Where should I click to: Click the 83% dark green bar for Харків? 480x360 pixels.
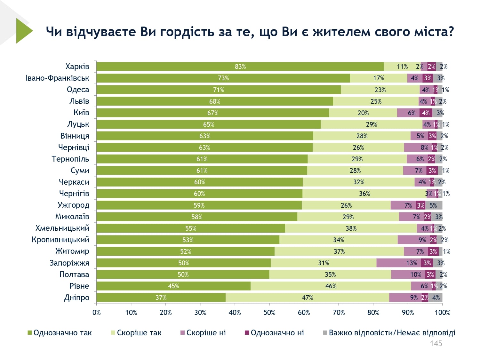click(x=240, y=67)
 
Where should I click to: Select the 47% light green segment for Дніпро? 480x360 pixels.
click(x=307, y=298)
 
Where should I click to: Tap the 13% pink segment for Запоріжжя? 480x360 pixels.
click(x=399, y=263)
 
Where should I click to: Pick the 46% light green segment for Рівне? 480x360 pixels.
click(x=331, y=286)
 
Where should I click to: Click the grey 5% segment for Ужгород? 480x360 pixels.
click(x=434, y=205)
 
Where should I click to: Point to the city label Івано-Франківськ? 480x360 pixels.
click(x=58, y=78)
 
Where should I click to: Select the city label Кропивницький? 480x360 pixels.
click(x=60, y=240)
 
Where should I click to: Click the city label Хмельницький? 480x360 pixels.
click(x=62, y=228)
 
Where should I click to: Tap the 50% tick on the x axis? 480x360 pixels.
click(x=269, y=313)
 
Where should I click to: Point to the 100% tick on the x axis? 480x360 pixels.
click(x=442, y=313)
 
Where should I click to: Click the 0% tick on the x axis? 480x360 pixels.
click(x=96, y=313)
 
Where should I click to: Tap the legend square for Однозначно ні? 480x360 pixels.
click(x=247, y=333)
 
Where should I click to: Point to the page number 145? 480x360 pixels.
click(x=436, y=344)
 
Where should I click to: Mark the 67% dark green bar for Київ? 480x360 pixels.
click(x=213, y=113)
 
